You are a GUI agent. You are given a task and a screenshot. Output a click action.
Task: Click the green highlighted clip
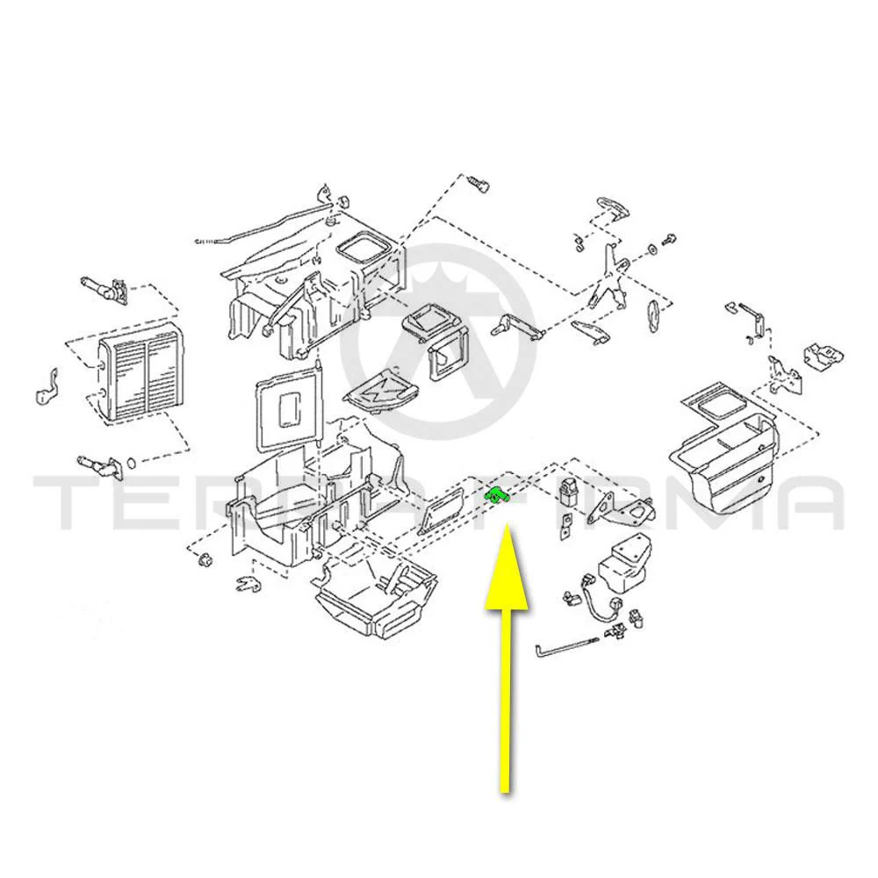(495, 495)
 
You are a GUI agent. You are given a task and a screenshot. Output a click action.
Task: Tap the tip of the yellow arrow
(507, 524)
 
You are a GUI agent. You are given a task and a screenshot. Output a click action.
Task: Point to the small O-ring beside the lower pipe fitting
(132, 463)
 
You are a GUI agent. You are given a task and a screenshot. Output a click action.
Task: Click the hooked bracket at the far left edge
(47, 387)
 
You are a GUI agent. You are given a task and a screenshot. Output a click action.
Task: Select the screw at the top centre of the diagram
(478, 184)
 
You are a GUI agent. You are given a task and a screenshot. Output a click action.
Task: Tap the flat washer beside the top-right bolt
(652, 248)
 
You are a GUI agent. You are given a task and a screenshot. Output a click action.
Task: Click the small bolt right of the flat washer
(669, 238)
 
